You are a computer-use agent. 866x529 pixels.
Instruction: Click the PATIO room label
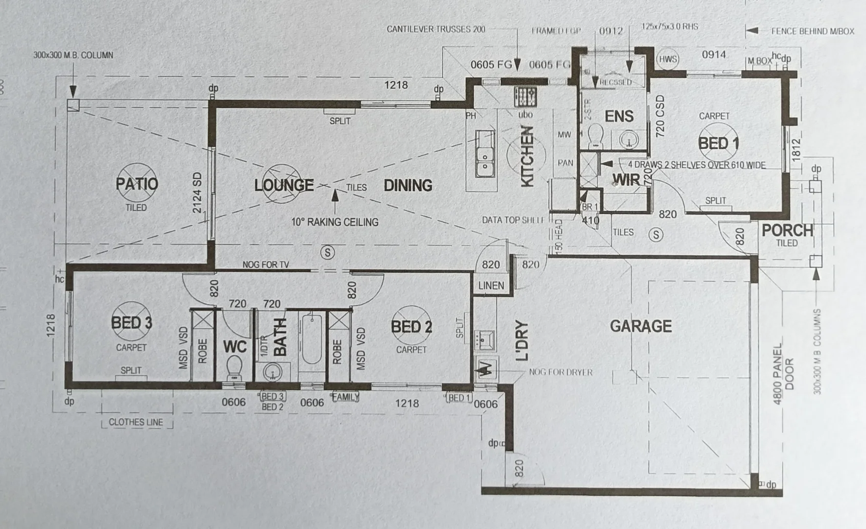(137, 184)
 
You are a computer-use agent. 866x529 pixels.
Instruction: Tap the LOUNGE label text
(283, 185)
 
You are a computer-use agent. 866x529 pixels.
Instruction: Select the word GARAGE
(640, 326)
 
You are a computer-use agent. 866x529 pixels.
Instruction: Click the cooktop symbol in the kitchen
(525, 97)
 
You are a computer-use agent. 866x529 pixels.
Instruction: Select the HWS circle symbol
(667, 60)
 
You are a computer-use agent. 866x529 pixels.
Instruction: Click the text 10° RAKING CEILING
(335, 222)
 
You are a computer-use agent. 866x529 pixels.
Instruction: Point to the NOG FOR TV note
(266, 264)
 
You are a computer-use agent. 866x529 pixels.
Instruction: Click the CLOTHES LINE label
(136, 422)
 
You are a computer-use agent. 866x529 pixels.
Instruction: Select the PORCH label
(787, 230)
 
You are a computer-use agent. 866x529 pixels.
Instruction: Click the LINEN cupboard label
(491, 286)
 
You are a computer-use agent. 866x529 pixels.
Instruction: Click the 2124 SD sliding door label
(197, 192)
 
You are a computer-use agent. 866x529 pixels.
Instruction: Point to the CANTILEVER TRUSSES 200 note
(435, 29)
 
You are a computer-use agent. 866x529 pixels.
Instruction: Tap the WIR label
(626, 180)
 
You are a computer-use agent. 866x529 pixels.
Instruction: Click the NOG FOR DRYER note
(560, 372)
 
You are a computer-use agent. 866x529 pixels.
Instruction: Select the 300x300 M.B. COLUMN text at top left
(73, 55)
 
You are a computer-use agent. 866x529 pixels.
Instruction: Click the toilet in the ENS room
(595, 136)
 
